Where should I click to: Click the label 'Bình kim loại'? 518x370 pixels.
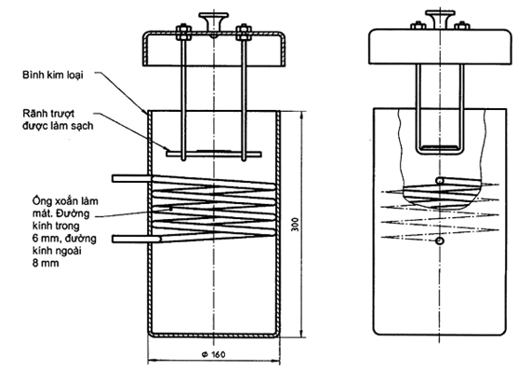pos(53,75)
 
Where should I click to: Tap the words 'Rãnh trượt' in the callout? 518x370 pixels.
pos(48,114)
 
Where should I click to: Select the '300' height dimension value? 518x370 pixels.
pos(296,225)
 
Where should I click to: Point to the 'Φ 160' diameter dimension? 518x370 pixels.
pos(213,354)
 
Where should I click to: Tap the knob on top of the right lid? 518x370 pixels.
pos(441,20)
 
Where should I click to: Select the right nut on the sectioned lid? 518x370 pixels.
pos(244,33)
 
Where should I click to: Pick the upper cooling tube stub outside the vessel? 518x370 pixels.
pos(132,179)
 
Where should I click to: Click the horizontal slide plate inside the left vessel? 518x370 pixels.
pos(214,154)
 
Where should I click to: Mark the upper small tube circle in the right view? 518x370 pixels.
pos(439,181)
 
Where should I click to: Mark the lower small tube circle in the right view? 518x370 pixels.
pos(439,241)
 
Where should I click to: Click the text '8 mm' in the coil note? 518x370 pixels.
pos(46,264)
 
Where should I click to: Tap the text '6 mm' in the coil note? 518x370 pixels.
pos(46,239)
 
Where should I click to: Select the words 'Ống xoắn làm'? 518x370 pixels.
pos(65,201)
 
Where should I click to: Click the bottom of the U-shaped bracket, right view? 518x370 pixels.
pos(440,152)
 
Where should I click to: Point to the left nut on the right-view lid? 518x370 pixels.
pos(418,25)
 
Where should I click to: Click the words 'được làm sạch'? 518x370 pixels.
pos(58,126)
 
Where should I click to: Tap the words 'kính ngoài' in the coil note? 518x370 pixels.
pos(57,252)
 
